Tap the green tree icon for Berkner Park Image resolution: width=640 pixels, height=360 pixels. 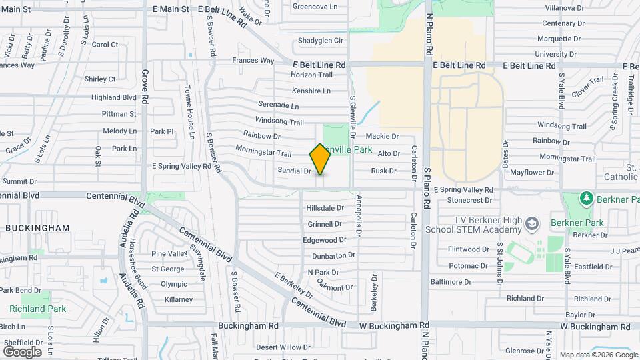coord(586,199)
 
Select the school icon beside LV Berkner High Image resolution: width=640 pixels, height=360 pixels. coord(531,223)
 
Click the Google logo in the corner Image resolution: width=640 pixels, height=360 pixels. coord(22,352)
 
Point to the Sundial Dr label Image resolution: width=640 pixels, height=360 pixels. coord(295,171)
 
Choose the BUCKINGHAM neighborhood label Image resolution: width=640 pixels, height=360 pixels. coord(37,228)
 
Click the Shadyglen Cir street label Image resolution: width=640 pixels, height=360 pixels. coord(320,41)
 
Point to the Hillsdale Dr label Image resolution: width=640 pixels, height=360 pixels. coord(325,209)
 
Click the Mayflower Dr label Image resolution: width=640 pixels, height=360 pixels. coord(532,172)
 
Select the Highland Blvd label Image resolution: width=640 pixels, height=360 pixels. coord(114,97)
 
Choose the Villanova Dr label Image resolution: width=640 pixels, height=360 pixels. coord(565,8)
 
